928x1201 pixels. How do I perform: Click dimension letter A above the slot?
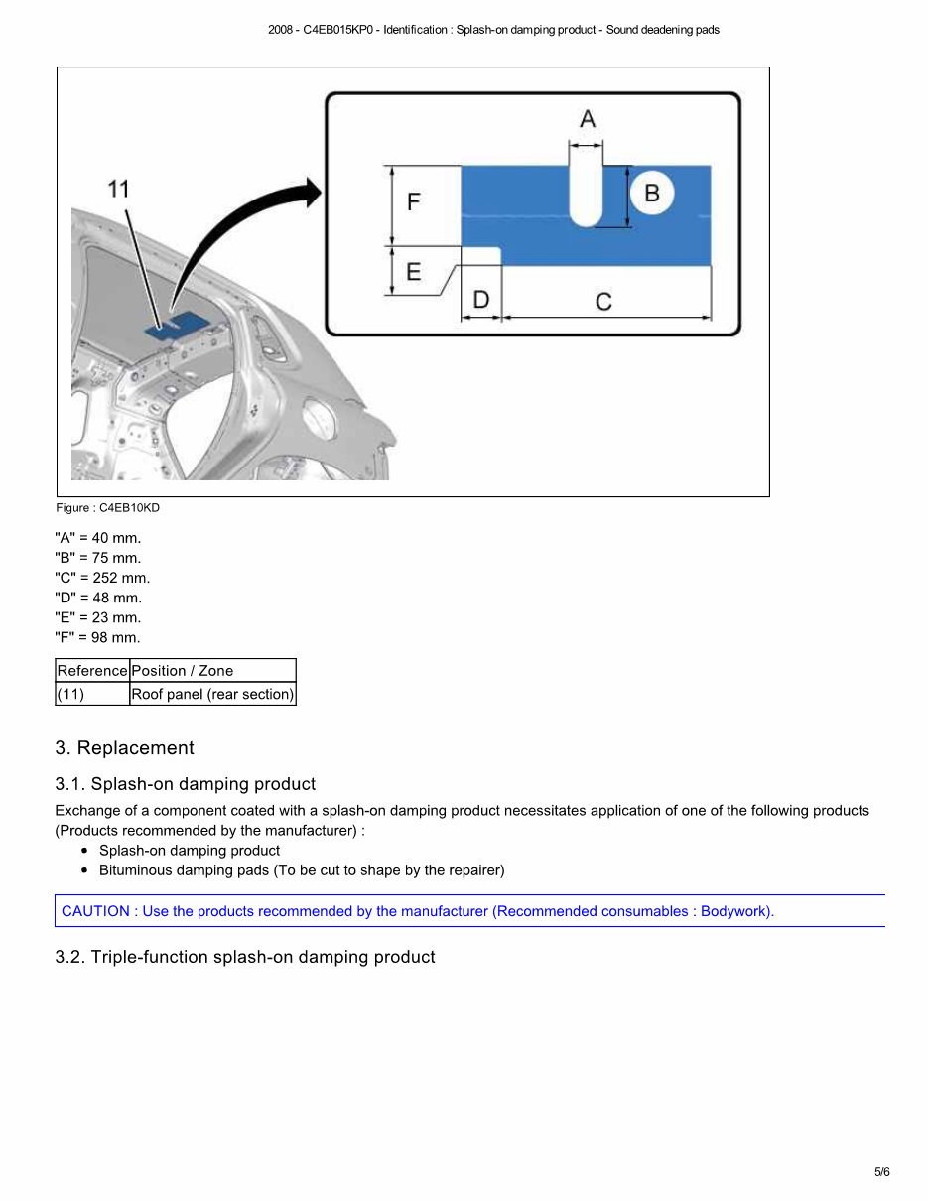point(588,119)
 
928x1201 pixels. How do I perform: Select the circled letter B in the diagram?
point(652,193)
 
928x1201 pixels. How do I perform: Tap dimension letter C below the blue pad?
point(603,301)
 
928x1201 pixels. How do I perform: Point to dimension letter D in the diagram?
point(480,299)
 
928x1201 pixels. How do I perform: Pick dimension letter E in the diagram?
point(413,272)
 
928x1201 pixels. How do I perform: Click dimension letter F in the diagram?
point(413,202)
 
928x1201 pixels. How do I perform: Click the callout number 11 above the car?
point(118,189)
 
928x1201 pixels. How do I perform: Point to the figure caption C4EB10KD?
point(107,508)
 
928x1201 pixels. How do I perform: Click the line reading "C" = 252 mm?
point(102,578)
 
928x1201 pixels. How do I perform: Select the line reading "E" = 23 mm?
point(98,617)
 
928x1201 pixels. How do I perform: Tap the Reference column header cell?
point(92,671)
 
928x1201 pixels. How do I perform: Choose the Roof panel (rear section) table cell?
point(212,694)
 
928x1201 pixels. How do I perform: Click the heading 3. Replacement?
point(124,748)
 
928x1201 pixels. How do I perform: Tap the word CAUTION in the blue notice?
point(95,911)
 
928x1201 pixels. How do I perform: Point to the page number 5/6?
point(881,1172)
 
